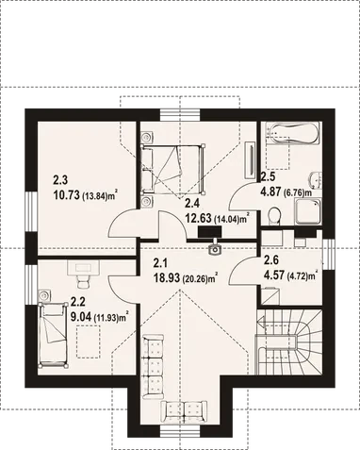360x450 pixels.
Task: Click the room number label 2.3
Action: [x=60, y=180]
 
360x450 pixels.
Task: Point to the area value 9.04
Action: [x=81, y=317]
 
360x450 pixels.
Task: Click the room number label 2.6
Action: [x=271, y=260]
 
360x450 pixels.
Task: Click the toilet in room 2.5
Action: [x=274, y=216]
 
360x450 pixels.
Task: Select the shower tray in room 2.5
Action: [x=307, y=211]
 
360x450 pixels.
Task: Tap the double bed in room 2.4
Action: [x=173, y=168]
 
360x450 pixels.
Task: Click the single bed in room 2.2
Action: [x=53, y=335]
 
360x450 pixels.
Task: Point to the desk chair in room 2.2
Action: [x=84, y=282]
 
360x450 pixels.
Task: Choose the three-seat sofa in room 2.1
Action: [x=153, y=367]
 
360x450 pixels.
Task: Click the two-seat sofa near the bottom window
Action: [x=184, y=411]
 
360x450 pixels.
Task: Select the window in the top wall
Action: [x=180, y=115]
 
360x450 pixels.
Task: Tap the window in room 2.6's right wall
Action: [x=329, y=255]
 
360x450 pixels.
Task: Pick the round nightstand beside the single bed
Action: [x=43, y=295]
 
